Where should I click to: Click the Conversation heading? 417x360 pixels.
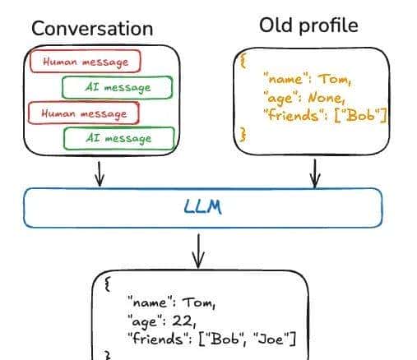(91, 28)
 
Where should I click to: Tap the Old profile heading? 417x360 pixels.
(308, 25)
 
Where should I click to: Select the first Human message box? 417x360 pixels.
(83, 61)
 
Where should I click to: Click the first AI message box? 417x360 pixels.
(118, 86)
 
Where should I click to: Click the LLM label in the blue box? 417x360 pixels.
(202, 207)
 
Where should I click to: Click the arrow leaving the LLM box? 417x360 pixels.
(197, 249)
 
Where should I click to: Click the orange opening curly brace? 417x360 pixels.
(242, 60)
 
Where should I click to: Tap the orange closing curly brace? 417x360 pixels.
(242, 133)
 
